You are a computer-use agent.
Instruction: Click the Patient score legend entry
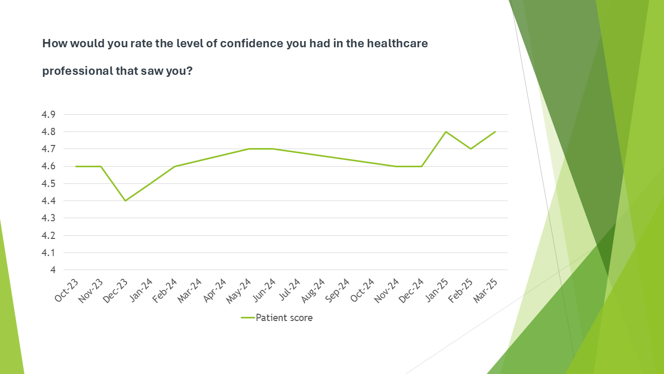click(x=277, y=317)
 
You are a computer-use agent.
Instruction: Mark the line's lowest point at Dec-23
click(x=126, y=201)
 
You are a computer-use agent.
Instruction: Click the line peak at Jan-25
click(x=446, y=132)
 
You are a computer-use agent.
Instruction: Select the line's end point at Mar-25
click(x=495, y=132)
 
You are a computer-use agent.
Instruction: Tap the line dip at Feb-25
click(x=471, y=149)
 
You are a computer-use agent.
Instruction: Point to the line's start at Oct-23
click(x=76, y=166)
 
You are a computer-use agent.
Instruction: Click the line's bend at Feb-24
click(x=175, y=166)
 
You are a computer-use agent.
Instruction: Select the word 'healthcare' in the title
click(x=397, y=44)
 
